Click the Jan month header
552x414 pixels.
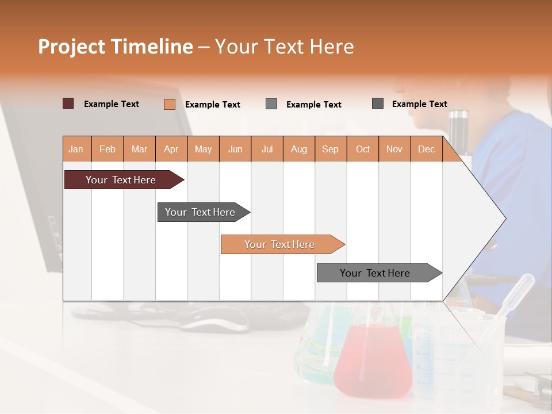click(x=76, y=149)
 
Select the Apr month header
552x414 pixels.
click(x=171, y=149)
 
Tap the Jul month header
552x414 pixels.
click(x=267, y=149)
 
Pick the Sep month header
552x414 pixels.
click(x=330, y=149)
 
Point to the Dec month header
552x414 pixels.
click(x=426, y=149)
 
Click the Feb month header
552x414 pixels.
click(x=108, y=149)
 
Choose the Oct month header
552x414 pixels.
click(x=363, y=149)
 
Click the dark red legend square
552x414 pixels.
click(x=68, y=103)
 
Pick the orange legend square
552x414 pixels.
click(x=169, y=104)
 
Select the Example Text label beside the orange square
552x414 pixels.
click(x=212, y=105)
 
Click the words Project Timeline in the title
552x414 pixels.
click(x=115, y=47)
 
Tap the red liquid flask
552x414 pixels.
click(x=373, y=359)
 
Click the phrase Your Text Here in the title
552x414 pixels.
click(x=284, y=47)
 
